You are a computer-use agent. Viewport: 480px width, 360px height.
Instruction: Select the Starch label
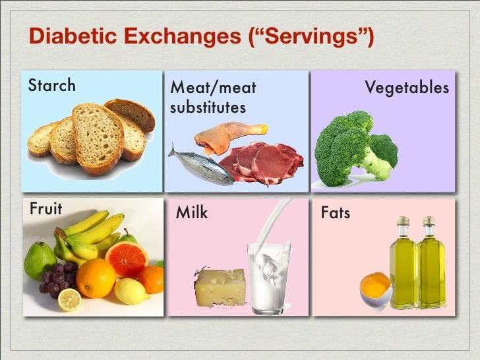(x=51, y=86)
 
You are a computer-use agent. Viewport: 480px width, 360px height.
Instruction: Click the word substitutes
(x=208, y=107)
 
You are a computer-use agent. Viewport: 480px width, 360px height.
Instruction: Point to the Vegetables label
(x=407, y=88)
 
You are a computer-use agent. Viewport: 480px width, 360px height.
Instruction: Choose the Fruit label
(x=45, y=209)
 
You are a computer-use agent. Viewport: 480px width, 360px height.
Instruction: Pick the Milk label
(x=192, y=212)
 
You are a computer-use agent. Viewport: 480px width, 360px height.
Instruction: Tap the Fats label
(x=335, y=213)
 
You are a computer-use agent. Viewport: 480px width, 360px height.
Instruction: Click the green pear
(x=40, y=260)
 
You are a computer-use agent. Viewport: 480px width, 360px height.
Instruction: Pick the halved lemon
(x=69, y=300)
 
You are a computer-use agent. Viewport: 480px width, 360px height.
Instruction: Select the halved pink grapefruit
(x=127, y=258)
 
